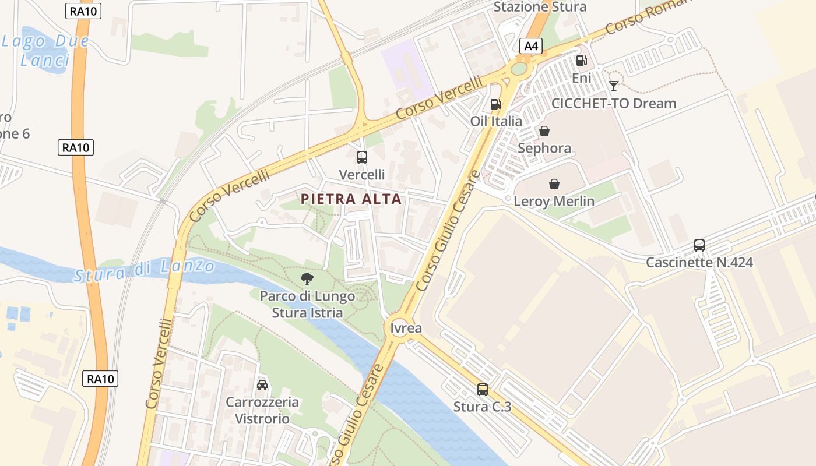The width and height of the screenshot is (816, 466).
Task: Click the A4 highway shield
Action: pos(530,46)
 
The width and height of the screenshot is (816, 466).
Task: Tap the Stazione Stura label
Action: pos(540,7)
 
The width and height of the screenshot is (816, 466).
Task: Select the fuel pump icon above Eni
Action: pos(581,61)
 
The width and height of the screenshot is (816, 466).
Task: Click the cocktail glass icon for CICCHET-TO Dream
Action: pos(614,86)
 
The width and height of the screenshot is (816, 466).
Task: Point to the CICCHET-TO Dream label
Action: pos(614,104)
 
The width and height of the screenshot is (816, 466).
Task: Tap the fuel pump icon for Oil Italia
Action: pos(495,104)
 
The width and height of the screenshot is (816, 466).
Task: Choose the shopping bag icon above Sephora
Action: pos(544,131)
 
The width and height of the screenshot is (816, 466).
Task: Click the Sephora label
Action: pos(544,148)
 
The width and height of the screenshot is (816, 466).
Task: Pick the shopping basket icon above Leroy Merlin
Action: pos(554,185)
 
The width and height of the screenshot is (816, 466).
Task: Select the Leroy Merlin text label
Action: pos(554,202)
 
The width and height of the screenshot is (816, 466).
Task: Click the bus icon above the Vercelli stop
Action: pos(362,157)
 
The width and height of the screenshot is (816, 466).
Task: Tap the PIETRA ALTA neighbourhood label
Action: pos(351,199)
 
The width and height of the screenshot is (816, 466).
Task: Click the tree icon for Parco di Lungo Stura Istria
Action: pos(307,279)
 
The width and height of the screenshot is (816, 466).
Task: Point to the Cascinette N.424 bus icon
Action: pos(699,245)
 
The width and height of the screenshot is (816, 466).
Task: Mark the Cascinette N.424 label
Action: pos(699,263)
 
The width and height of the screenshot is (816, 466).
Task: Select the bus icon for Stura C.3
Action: pos(483,390)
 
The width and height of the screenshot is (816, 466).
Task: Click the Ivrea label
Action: pos(406,328)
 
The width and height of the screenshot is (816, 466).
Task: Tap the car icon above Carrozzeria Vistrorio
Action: pos(262,385)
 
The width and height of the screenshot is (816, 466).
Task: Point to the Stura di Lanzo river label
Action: pos(144,271)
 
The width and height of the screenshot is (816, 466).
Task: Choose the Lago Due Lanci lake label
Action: pos(45,50)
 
